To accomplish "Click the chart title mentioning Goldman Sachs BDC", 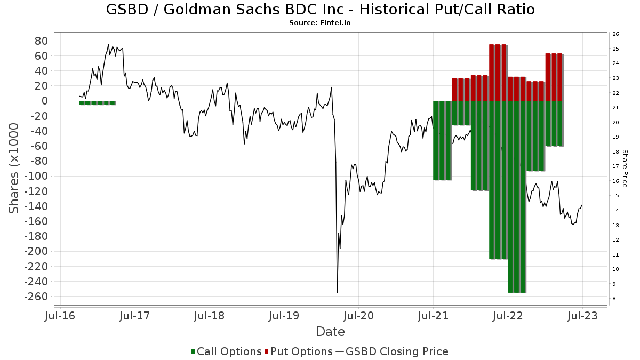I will tap(320, 10).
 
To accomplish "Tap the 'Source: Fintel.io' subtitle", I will tap(320, 23).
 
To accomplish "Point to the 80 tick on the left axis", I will tap(42, 41).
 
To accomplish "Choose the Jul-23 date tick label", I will tap(582, 316).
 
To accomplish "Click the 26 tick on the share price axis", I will tap(615, 34).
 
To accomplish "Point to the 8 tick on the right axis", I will tap(614, 298).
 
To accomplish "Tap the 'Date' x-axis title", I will tap(330, 332).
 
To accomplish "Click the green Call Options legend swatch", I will tap(193, 351).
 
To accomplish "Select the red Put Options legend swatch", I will tap(267, 351).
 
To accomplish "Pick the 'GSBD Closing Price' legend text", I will tap(397, 351).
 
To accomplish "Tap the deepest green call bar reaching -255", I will tap(517, 197).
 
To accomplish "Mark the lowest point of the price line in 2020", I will tap(337, 292).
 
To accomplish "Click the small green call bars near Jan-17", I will tap(97, 102).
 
